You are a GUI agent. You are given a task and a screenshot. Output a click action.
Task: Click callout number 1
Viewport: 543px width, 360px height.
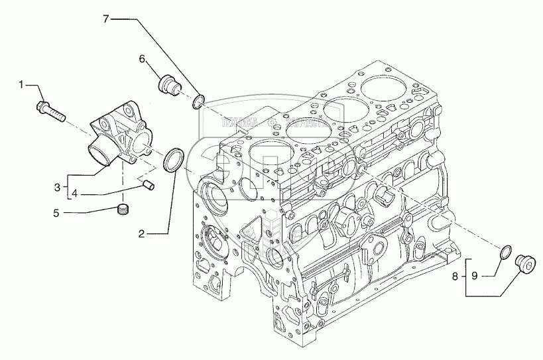pos(21,84)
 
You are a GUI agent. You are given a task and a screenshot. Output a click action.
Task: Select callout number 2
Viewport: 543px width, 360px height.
pos(142,233)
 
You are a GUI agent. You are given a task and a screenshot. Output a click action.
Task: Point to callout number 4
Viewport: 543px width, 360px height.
pos(75,194)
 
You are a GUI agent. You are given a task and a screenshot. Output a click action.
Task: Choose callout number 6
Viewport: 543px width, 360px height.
pos(142,59)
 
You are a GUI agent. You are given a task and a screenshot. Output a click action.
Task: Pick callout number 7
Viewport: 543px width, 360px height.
pos(105,19)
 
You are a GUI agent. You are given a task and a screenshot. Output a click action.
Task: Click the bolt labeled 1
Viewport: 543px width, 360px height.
pos(52,111)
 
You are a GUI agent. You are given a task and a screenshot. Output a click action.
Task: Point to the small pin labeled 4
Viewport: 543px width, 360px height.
pos(149,184)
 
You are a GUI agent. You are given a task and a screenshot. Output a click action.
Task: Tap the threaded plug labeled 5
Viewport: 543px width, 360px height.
pos(121,211)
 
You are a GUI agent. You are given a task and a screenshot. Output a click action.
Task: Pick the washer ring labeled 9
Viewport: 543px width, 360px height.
pos(505,253)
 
